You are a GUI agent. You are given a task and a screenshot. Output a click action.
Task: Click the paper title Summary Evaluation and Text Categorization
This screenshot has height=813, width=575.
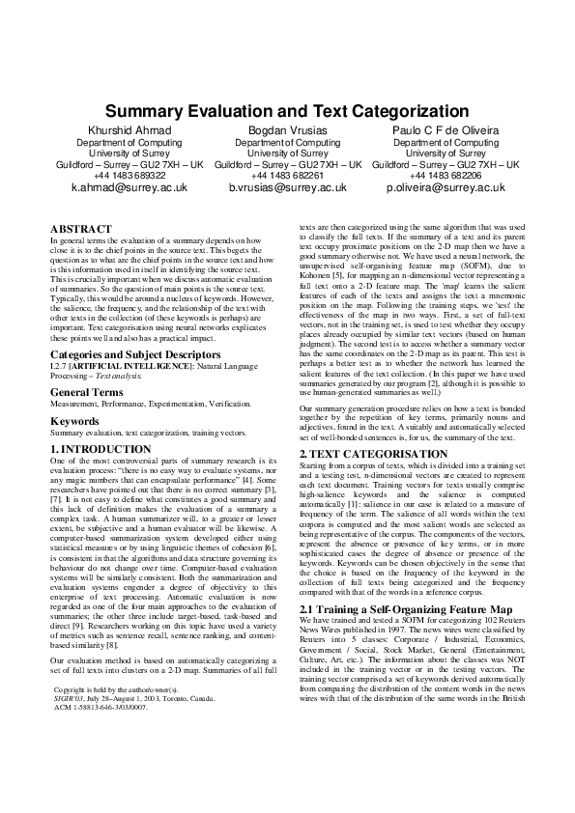287,111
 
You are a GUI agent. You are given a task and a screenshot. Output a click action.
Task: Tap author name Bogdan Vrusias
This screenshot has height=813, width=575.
287,129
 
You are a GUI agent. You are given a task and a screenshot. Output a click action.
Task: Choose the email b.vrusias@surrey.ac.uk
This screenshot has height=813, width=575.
287,188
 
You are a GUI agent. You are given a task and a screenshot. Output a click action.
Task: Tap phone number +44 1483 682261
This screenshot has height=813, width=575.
287,176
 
